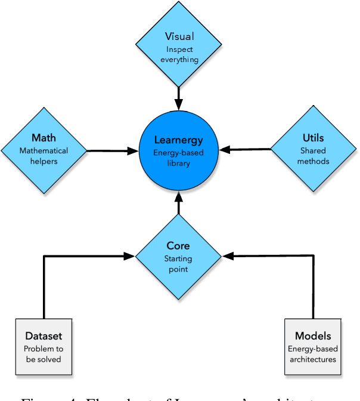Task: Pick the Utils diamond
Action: coord(313,149)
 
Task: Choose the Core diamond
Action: coord(179,256)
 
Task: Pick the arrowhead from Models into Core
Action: coord(228,256)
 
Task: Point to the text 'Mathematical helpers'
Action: coord(45,156)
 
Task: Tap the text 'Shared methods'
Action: coord(313,156)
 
